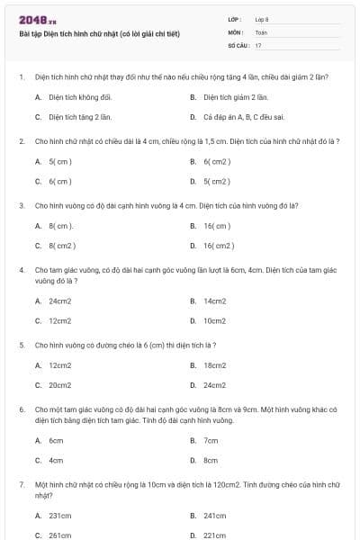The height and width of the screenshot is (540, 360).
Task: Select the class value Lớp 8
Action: click(x=262, y=19)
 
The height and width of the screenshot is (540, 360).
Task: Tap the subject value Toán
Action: click(x=261, y=31)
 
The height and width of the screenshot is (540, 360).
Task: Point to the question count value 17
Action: click(x=258, y=44)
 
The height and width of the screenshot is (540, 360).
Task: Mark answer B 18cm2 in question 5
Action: click(x=214, y=365)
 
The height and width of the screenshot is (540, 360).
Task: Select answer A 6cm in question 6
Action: click(x=56, y=441)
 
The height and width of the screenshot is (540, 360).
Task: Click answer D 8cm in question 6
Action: click(x=211, y=460)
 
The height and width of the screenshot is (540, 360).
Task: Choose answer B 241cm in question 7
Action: click(x=214, y=516)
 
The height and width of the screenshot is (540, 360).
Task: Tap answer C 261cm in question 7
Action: click(x=59, y=535)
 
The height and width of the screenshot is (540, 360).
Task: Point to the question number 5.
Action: click(x=21, y=345)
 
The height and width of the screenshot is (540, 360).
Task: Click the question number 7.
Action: click(x=21, y=484)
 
